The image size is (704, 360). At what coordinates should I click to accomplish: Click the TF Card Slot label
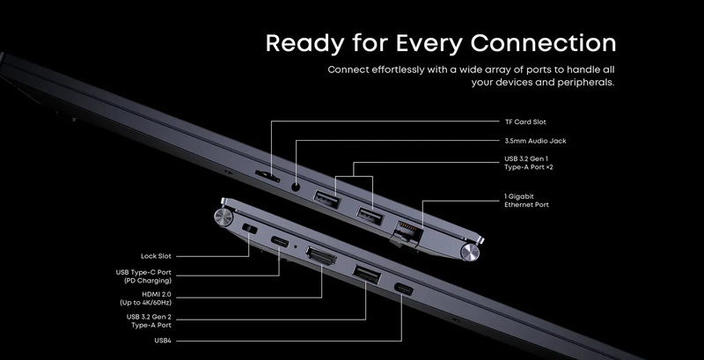[x=525, y=122]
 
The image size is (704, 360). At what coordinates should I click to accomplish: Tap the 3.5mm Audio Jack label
[x=535, y=141]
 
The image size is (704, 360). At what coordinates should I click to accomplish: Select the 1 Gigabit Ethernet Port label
[x=526, y=201]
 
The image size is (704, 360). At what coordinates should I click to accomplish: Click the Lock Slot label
[x=156, y=256]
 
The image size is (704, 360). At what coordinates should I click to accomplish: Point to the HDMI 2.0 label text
[x=145, y=298]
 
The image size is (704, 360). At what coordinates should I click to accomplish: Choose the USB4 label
[x=163, y=341]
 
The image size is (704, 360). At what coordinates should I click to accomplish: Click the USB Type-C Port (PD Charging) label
[x=143, y=276]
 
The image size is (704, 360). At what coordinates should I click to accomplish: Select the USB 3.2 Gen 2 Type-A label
[x=149, y=321]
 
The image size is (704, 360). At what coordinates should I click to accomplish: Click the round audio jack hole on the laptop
[x=296, y=187]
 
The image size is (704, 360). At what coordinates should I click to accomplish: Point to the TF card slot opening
[x=268, y=176]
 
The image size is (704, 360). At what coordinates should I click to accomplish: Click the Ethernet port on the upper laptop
[x=407, y=230]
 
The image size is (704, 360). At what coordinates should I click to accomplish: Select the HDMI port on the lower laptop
[x=321, y=256]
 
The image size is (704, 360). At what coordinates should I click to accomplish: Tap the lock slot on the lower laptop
[x=250, y=229]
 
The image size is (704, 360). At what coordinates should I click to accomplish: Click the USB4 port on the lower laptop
[x=403, y=289]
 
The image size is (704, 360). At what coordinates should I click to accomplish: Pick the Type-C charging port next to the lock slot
[x=280, y=242]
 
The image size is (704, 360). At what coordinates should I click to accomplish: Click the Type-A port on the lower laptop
[x=366, y=275]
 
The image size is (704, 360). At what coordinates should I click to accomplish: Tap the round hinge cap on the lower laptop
[x=224, y=217]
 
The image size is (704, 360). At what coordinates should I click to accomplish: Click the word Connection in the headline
[x=543, y=43]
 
